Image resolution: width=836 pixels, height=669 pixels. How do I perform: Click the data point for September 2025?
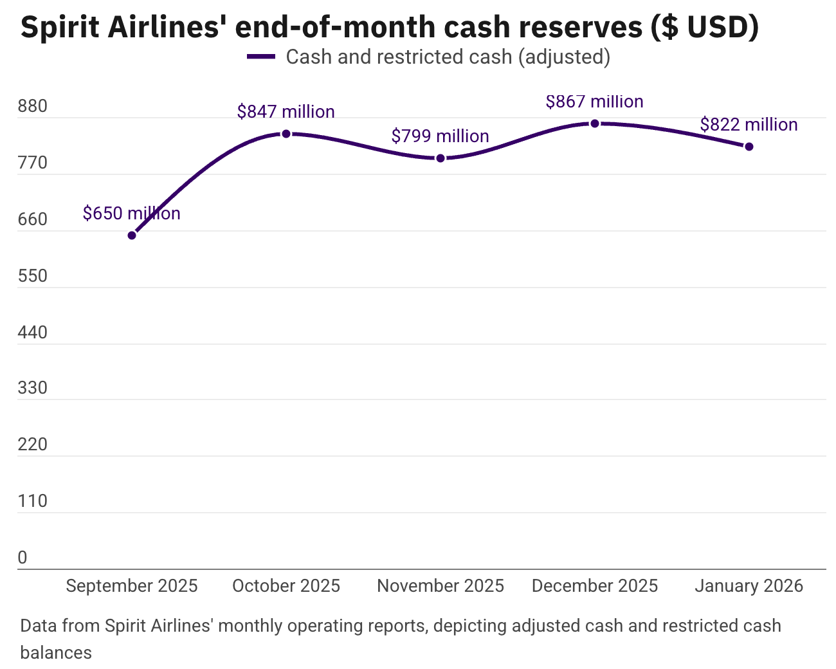point(132,235)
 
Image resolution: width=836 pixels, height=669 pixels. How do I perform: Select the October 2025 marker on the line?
point(286,134)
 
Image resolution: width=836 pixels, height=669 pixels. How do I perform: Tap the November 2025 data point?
point(441,158)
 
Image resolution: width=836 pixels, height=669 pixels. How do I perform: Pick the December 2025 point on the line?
point(595,124)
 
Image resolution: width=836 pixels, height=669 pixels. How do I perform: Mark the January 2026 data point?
point(749,147)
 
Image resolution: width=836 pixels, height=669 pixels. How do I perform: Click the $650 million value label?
point(131,214)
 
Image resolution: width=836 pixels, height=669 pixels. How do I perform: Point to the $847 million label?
point(286,112)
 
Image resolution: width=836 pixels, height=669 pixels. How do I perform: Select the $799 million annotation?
point(440,136)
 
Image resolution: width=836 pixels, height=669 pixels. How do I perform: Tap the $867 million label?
point(594,102)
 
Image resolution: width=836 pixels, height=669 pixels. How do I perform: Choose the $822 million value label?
point(749,125)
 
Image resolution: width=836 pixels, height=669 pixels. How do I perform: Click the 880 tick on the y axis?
point(33,106)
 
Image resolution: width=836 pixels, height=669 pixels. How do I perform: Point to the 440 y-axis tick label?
point(33,333)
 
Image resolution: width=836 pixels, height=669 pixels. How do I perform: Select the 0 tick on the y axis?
point(23,558)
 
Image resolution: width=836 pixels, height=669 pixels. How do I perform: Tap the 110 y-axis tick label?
point(33,501)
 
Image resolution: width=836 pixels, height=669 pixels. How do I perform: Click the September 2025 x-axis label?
point(132,586)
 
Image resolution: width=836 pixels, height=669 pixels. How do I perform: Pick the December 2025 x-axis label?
point(595,586)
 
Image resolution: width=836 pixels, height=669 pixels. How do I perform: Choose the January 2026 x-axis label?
point(749,586)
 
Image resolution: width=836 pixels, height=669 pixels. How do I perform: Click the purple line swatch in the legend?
point(261,57)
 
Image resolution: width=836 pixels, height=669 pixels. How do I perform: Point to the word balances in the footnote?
point(56,653)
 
